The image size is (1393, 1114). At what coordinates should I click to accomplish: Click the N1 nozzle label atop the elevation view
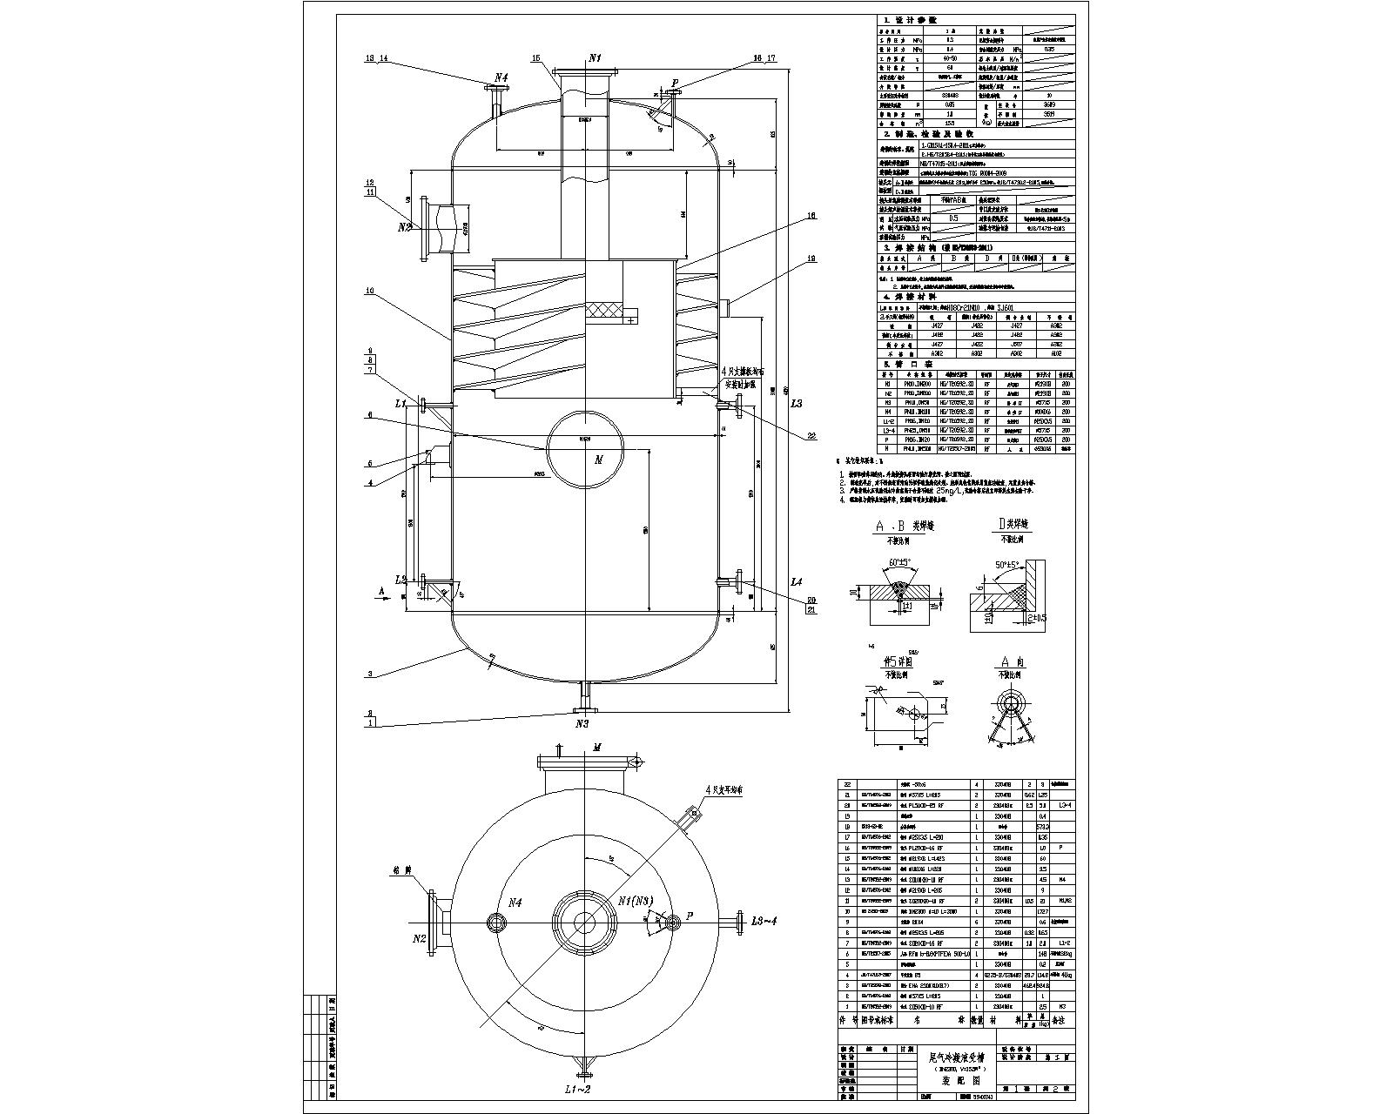(596, 57)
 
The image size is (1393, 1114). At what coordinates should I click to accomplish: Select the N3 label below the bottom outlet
(582, 723)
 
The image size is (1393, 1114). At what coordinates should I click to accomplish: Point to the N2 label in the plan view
(420, 938)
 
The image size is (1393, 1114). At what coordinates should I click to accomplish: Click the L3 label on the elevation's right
(796, 404)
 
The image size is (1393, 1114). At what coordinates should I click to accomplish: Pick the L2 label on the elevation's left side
(400, 579)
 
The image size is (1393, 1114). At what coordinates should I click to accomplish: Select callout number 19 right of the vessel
(811, 258)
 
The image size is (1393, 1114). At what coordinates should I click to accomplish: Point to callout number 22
(811, 436)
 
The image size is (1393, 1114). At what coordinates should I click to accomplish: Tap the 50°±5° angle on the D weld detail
(1010, 565)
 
